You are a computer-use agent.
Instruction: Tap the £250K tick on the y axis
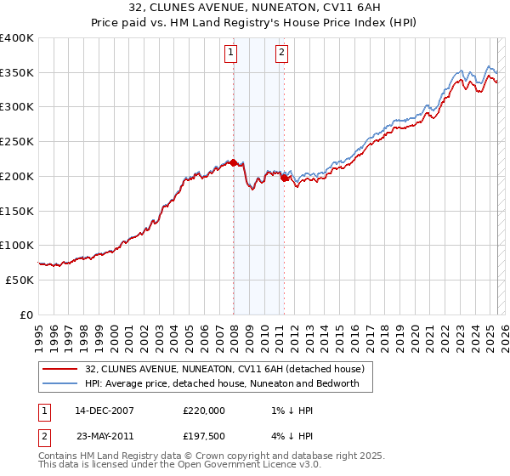(x=17, y=142)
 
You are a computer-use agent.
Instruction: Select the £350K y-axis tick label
(x=17, y=73)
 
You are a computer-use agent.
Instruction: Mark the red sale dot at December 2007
(x=233, y=162)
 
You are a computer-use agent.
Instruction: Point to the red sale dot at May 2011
(x=284, y=178)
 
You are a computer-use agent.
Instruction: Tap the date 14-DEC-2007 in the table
(x=105, y=411)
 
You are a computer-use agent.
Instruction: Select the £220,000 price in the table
(x=204, y=411)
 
